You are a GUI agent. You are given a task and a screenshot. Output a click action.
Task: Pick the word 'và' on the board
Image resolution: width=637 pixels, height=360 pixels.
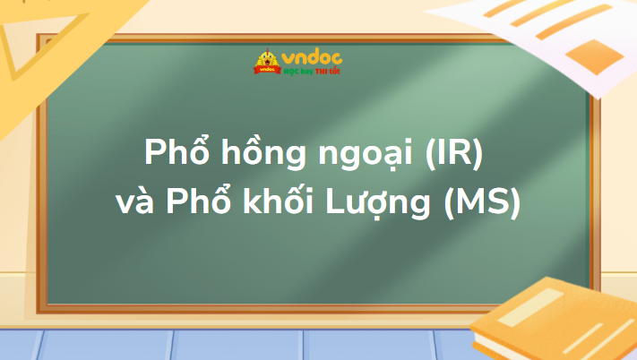point(137,205)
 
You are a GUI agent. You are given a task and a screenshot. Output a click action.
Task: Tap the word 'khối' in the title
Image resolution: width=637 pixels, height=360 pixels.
point(284,203)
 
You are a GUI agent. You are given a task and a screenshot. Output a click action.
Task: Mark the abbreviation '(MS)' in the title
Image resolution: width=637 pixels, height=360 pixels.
point(484,203)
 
